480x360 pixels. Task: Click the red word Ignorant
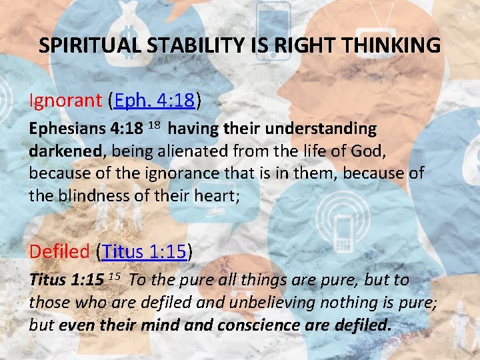pyautogui.click(x=64, y=101)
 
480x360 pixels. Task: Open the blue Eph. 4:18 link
pyautogui.click(x=155, y=101)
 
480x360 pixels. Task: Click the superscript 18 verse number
pyautogui.click(x=153, y=125)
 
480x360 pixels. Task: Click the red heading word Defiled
pyautogui.click(x=59, y=251)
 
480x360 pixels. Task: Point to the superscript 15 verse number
pyautogui.click(x=114, y=277)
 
